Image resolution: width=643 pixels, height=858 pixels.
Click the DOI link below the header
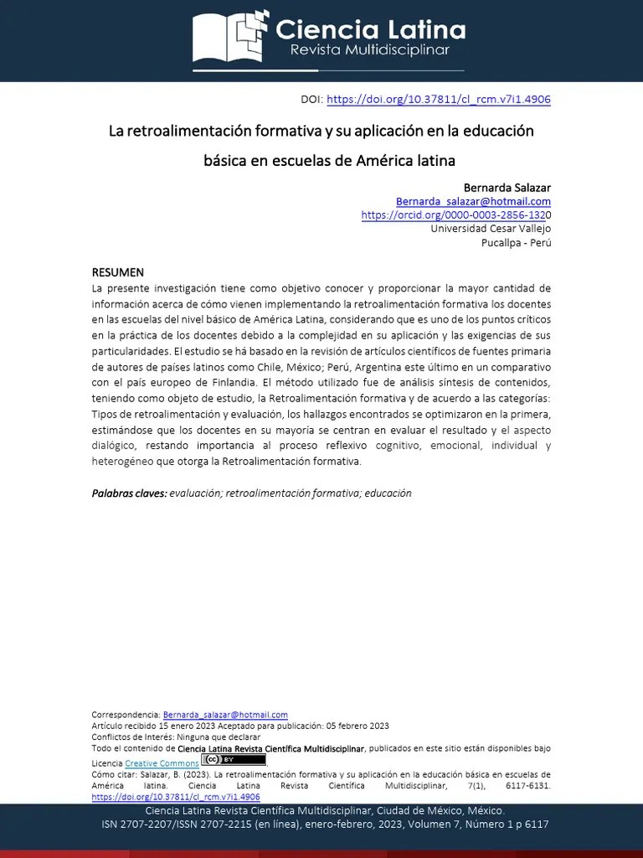tap(438, 99)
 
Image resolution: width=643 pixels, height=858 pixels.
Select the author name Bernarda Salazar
tap(507, 187)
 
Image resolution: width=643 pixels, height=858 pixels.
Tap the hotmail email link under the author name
tap(473, 201)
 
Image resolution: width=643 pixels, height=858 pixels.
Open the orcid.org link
tap(453, 214)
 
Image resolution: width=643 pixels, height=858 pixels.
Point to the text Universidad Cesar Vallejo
tap(490, 228)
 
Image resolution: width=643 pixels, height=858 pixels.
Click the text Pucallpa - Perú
tap(516, 242)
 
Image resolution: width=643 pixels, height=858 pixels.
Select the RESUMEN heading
tap(117, 272)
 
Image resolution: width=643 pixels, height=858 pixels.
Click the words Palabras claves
tap(129, 494)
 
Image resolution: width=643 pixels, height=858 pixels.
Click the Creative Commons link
tap(162, 763)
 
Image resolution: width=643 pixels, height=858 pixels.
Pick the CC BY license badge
tap(234, 760)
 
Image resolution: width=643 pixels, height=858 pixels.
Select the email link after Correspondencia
tap(225, 715)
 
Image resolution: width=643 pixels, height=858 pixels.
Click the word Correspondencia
tap(126, 715)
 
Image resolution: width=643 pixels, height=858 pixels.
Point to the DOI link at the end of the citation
tap(175, 797)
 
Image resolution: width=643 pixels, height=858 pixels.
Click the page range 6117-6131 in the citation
tap(528, 787)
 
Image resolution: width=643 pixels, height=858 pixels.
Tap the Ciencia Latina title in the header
tap(370, 31)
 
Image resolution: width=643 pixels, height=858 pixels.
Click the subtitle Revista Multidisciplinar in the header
tap(369, 51)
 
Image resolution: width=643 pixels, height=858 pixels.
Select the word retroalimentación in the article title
tap(188, 131)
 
